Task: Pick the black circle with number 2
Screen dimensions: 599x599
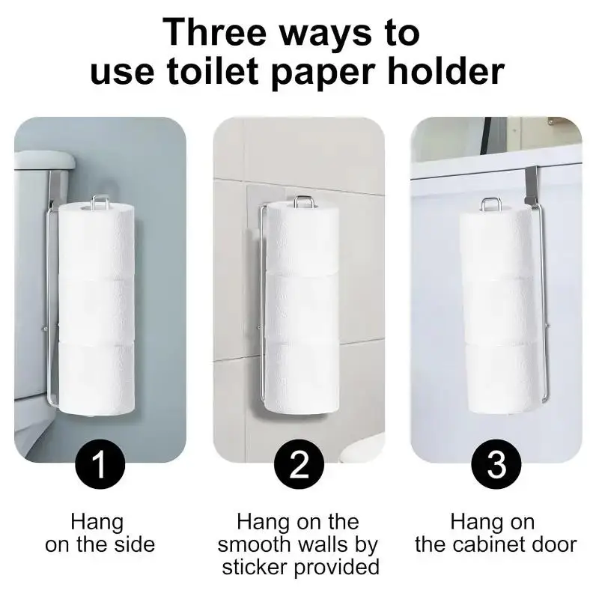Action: pos(299,466)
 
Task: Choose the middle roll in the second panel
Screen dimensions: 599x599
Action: pos(301,307)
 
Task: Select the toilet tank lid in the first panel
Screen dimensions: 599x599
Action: pos(45,159)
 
